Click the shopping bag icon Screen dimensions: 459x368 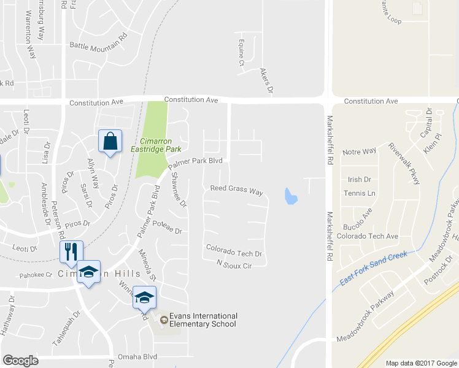[110, 141]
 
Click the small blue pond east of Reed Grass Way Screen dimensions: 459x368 [290, 196]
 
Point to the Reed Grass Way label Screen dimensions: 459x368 [236, 190]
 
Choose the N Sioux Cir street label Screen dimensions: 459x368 [234, 265]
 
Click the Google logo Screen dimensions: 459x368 [21, 360]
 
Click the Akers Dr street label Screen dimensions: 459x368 [266, 81]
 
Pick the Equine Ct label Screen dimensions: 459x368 [241, 53]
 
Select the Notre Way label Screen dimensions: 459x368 [359, 151]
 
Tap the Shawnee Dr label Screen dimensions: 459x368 [179, 189]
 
